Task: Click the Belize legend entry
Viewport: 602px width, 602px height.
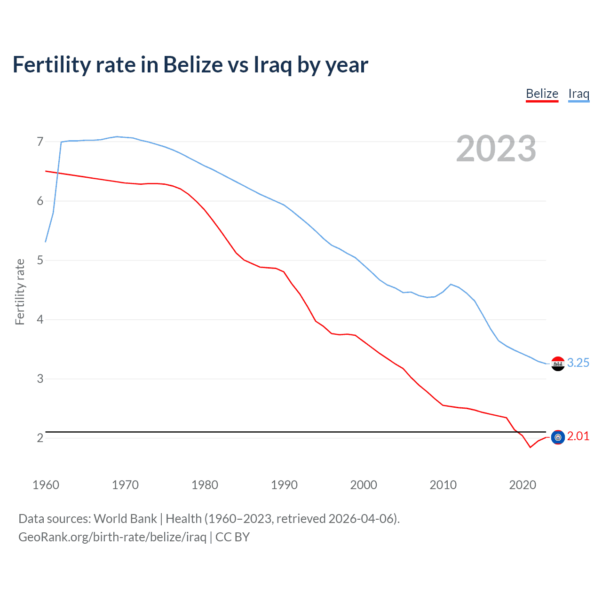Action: click(x=542, y=94)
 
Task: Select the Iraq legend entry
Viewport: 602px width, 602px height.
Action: click(x=578, y=94)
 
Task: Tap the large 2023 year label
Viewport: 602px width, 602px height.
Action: click(x=496, y=149)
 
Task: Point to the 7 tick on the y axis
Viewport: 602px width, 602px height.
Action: click(x=40, y=142)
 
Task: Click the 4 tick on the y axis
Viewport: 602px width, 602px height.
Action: click(x=40, y=319)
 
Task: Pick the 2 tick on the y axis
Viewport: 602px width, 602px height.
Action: click(x=40, y=438)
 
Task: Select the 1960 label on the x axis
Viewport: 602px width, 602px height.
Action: click(x=46, y=485)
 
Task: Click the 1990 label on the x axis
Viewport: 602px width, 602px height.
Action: click(x=284, y=485)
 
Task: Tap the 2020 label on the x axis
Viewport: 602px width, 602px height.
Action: click(x=523, y=485)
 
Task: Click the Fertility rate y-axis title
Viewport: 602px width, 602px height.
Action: click(x=20, y=292)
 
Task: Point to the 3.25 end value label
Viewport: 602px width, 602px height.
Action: click(x=578, y=363)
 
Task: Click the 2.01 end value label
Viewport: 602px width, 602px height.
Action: click(x=578, y=436)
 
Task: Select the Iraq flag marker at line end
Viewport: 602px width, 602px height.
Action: click(x=558, y=364)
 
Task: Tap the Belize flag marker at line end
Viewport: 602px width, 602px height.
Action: click(x=558, y=437)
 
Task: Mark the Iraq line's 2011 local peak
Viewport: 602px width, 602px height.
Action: click(x=451, y=284)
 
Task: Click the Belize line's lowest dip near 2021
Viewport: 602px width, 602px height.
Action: click(x=531, y=447)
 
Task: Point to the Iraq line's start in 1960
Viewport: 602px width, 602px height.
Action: click(x=46, y=242)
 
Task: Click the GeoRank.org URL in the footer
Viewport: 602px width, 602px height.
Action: click(x=112, y=537)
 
